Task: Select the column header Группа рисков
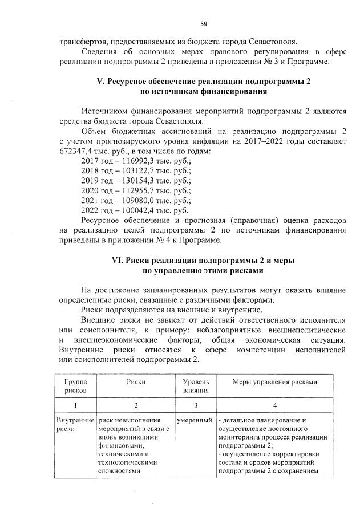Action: point(75,386)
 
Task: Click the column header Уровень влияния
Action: point(196,386)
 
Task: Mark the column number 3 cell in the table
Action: point(196,405)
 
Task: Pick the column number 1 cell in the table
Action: point(75,405)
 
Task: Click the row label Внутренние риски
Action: point(75,424)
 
